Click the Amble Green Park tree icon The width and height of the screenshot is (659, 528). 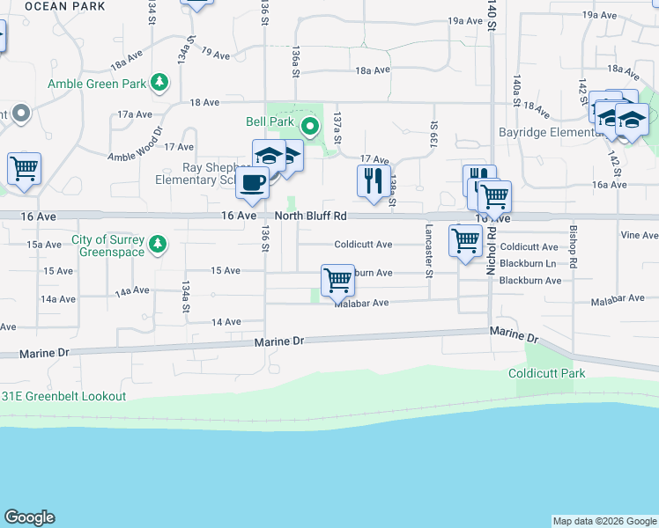pyautogui.click(x=159, y=83)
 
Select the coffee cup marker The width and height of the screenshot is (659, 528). pyautogui.click(x=253, y=182)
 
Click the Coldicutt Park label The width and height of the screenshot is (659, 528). pyautogui.click(x=546, y=373)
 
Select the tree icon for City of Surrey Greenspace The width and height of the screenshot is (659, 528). pyautogui.click(x=158, y=242)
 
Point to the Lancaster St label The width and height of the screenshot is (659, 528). pyautogui.click(x=429, y=250)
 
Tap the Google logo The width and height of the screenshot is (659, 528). pyautogui.click(x=29, y=517)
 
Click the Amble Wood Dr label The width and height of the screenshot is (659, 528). pyautogui.click(x=135, y=144)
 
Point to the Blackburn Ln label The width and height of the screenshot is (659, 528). pyautogui.click(x=528, y=263)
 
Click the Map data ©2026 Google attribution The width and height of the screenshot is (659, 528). pyautogui.click(x=604, y=521)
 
